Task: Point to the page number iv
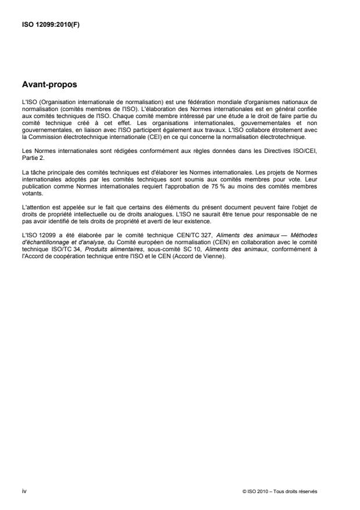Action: [x=24, y=491]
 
